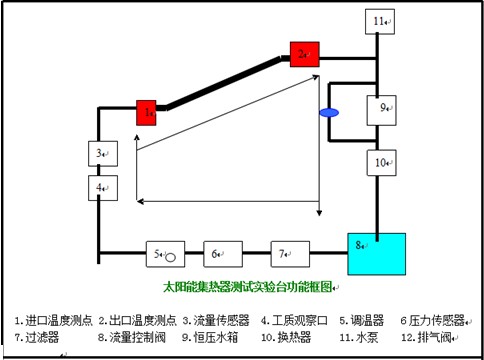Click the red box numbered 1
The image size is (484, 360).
click(x=148, y=113)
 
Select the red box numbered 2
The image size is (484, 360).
click(x=304, y=53)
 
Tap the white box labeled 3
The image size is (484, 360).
click(x=101, y=155)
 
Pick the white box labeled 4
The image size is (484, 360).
click(x=101, y=187)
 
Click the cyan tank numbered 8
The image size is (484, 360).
click(x=376, y=254)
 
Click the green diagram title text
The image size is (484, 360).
click(x=249, y=288)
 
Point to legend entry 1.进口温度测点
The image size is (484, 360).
click(x=54, y=320)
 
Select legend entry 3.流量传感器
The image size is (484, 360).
click(x=216, y=320)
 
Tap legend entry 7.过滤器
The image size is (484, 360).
click(x=37, y=337)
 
